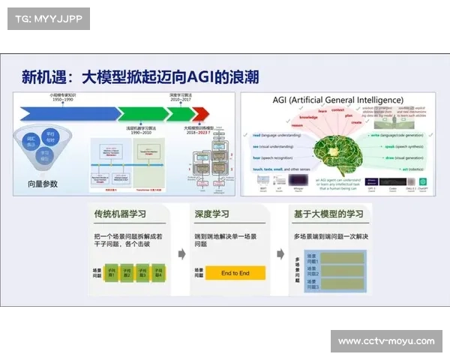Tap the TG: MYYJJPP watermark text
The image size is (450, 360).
coord(44,18)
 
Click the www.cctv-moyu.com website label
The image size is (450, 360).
coord(385,341)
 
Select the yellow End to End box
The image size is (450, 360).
coord(235,273)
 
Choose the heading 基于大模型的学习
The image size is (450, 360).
coord(329,214)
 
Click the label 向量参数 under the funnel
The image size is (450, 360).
coord(43,183)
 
